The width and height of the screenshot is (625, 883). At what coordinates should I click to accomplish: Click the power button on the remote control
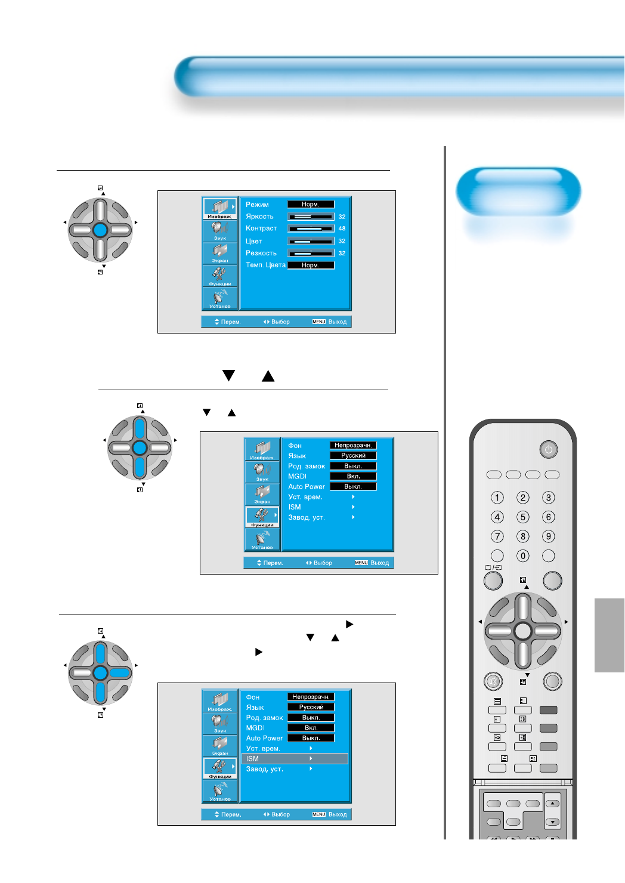tap(549, 449)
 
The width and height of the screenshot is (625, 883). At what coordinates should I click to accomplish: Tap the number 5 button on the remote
tap(523, 517)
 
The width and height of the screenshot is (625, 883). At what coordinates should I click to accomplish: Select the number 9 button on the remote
tap(549, 536)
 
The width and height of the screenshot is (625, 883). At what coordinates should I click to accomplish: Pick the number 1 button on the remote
tap(497, 498)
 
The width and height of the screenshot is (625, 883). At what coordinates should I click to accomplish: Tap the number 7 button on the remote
tap(497, 536)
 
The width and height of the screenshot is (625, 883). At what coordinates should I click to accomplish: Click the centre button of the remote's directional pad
tap(522, 631)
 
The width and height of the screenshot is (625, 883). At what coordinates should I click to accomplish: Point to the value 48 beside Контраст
tap(342, 229)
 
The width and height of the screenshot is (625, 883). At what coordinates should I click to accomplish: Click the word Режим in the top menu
tap(257, 205)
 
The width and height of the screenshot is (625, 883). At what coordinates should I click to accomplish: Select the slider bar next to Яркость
tap(311, 217)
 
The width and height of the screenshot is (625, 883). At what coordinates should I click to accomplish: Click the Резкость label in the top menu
tap(261, 253)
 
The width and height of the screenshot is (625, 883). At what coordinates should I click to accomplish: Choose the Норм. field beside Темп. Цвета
tap(311, 265)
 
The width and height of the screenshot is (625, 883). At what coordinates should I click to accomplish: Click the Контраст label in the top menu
tap(261, 229)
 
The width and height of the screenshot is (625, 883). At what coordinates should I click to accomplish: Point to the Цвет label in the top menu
tap(254, 241)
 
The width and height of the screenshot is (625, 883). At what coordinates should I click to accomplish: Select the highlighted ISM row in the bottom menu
tap(294, 759)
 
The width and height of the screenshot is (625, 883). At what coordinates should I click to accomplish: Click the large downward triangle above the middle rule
tap(228, 375)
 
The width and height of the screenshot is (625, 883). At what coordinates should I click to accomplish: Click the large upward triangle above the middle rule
tap(268, 375)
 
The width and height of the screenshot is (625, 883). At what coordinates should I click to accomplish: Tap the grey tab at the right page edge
tap(609, 635)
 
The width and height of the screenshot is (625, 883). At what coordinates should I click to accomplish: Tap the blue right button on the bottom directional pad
tap(120, 673)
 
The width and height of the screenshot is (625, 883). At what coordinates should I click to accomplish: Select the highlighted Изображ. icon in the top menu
tap(220, 208)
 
